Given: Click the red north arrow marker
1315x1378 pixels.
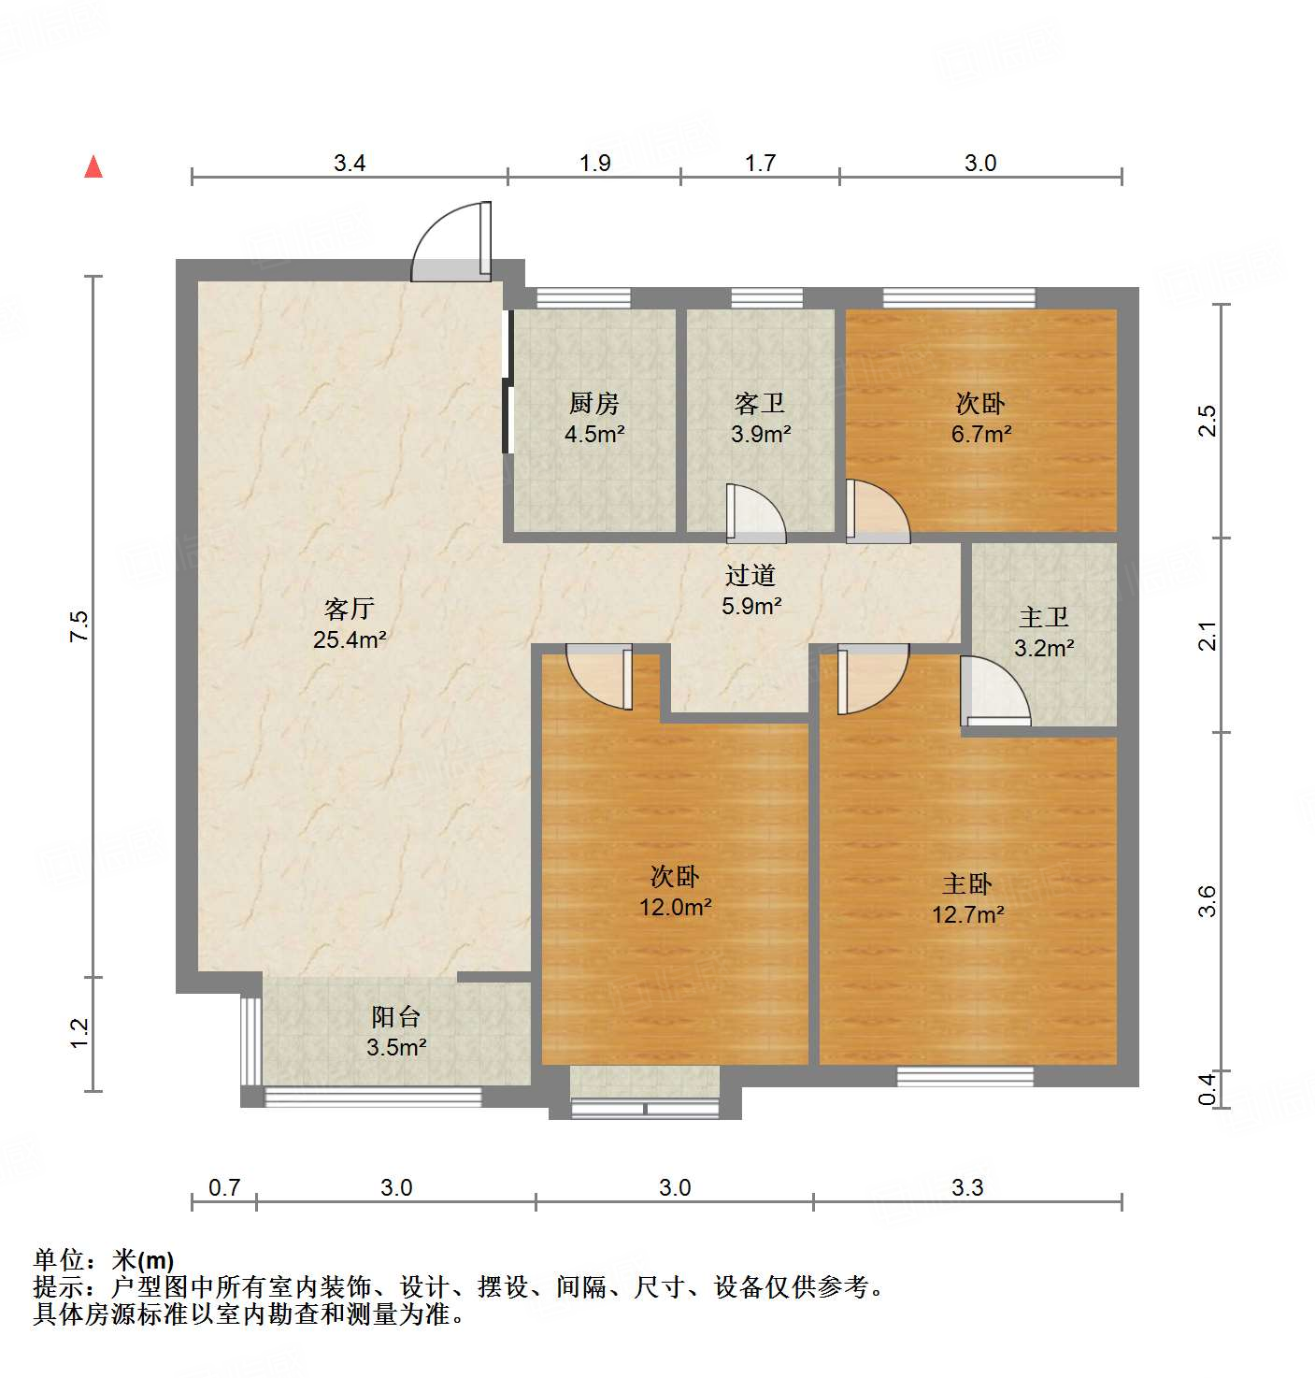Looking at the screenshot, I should point(93,167).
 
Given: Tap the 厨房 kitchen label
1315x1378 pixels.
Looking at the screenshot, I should point(594,404).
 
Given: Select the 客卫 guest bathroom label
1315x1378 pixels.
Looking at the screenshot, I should point(760,404).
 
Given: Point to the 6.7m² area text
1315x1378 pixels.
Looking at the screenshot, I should point(981,434).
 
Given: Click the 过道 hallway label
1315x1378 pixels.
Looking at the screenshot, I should point(750,576).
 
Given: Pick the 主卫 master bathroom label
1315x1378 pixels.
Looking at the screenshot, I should point(1044,618).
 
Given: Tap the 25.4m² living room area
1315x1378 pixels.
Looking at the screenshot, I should point(350,639).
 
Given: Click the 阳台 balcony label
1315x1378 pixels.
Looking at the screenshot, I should point(396,1017).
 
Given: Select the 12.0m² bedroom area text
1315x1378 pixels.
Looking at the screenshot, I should point(675,907).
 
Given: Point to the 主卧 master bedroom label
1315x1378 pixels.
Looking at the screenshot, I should point(967,884).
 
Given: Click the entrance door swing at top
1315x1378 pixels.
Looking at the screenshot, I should point(452,243).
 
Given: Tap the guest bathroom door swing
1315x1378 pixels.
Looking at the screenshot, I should point(755,513).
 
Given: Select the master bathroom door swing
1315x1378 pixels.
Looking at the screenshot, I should point(995,692).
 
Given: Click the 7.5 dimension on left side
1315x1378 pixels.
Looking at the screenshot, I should point(80,624).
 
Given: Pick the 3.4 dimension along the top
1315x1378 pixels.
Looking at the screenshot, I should point(350,164).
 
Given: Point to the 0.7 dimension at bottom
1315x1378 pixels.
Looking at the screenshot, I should point(224,1187).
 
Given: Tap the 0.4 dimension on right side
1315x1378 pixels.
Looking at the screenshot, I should point(1208,1088).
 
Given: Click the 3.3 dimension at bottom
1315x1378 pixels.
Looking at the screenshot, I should point(967,1187).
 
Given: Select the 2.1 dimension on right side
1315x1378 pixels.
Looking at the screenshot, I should point(1208,636).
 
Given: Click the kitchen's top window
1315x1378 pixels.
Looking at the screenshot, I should point(583,298).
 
